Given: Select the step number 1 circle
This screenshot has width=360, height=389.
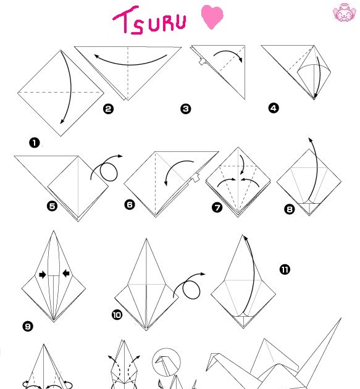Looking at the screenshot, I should point(34,143).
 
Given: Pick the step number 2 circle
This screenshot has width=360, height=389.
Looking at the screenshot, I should point(108,109).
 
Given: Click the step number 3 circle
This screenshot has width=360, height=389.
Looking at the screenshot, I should point(185,109).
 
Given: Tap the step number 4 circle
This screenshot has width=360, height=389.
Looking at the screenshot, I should point(274,109).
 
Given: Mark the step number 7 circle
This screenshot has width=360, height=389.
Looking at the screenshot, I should point(217,207).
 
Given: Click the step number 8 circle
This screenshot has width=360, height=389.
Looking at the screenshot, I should point(290,209).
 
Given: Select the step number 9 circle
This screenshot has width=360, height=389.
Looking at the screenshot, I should point(27,326).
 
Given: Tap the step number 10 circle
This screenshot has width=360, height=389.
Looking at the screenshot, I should point(117,315).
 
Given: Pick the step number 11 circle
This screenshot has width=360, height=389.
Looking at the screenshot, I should point(285,269).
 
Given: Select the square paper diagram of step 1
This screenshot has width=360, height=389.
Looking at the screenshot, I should point(60,93).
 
